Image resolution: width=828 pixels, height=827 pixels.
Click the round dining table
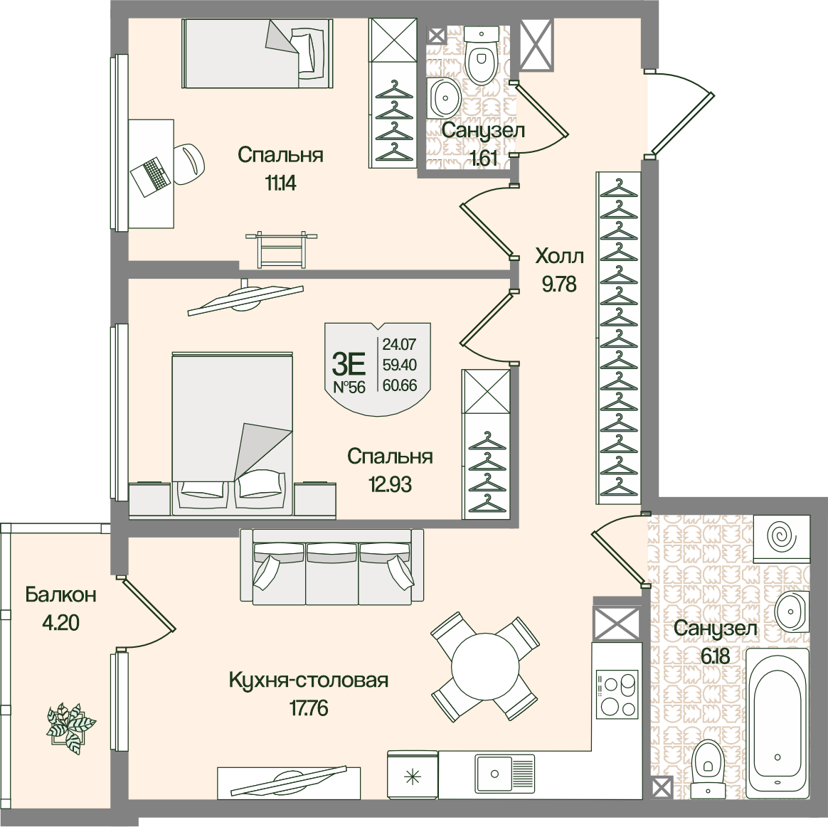pyautogui.click(x=484, y=666)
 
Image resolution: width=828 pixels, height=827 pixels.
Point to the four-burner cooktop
pyautogui.click(x=617, y=694)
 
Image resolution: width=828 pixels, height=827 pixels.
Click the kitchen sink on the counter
pyautogui.click(x=504, y=773)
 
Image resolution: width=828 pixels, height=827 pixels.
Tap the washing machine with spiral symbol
pyautogui.click(x=781, y=538)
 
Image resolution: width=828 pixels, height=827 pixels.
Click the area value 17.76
pyautogui.click(x=309, y=708)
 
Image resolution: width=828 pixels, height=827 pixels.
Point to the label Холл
pyautogui.click(x=559, y=256)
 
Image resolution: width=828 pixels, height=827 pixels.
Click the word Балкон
pyautogui.click(x=60, y=594)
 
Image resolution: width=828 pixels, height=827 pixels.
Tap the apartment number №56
pyautogui.click(x=349, y=388)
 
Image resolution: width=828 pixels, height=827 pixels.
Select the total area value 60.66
pyautogui.click(x=400, y=385)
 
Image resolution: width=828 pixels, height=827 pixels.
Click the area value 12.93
pyautogui.click(x=391, y=484)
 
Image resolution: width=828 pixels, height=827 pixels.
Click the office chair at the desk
pyautogui.click(x=188, y=164)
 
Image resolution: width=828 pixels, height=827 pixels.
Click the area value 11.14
pyautogui.click(x=281, y=183)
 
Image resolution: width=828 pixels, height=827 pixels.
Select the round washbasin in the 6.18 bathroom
pyautogui.click(x=792, y=611)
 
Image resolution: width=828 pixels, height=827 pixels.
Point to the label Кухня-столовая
pyautogui.click(x=309, y=680)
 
